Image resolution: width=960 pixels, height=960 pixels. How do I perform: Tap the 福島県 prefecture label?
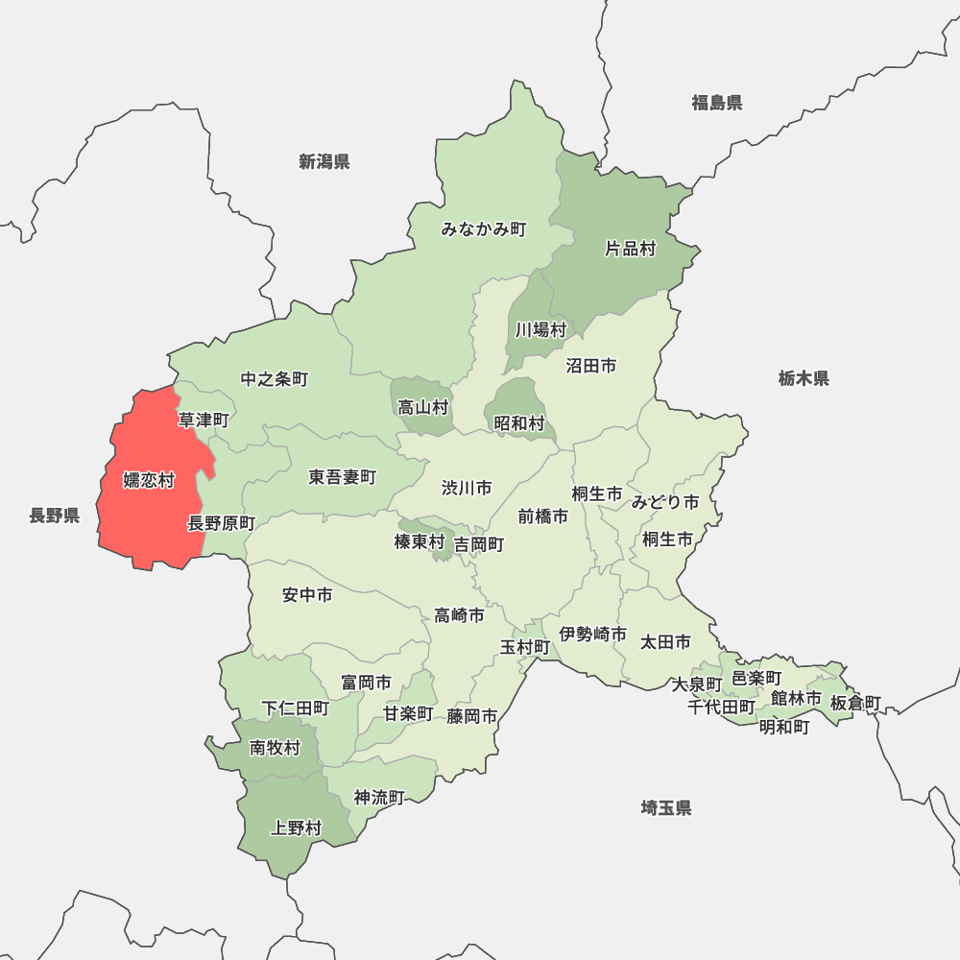717,103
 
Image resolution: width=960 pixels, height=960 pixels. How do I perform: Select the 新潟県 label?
324,161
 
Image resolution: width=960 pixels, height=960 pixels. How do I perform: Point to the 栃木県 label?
804,378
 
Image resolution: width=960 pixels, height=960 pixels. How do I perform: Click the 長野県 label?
54,516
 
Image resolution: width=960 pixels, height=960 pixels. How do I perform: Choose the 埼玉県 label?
666,807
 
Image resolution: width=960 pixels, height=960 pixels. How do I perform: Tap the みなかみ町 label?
484,229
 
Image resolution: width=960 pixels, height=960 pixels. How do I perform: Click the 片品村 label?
630,249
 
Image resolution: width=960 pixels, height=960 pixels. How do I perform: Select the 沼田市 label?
590,366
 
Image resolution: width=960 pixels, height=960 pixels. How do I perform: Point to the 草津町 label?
204,420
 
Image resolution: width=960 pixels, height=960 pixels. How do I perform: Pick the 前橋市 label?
542,516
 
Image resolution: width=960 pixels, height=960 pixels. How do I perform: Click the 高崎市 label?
459,615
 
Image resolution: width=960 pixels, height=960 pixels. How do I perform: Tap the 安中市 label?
307,595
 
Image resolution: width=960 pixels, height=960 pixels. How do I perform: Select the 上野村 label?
297,828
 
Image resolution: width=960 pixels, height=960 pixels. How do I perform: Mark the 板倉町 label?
855,703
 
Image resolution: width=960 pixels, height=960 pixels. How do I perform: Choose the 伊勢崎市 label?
593,635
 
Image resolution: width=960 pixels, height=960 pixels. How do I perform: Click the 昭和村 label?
519,422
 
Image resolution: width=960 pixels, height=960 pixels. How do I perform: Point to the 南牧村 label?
276,748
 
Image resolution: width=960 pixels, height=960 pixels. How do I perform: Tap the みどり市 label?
665,502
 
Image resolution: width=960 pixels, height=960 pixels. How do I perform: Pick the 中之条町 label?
275,379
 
